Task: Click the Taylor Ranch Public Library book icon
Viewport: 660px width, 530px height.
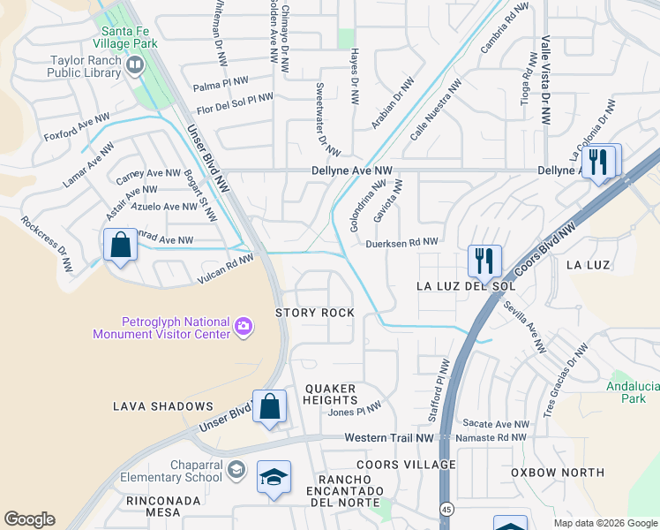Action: click(x=135, y=64)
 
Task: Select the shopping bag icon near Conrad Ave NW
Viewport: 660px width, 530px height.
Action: click(x=120, y=245)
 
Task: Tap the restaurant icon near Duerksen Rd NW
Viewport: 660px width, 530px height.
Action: click(x=484, y=261)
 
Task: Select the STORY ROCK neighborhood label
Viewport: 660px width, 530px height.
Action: click(x=315, y=313)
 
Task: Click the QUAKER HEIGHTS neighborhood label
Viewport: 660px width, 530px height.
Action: click(x=330, y=394)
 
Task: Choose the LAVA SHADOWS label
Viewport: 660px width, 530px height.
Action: click(x=163, y=406)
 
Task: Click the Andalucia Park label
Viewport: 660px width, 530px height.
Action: click(x=632, y=392)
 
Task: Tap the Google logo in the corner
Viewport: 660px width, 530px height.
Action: click(x=29, y=519)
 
